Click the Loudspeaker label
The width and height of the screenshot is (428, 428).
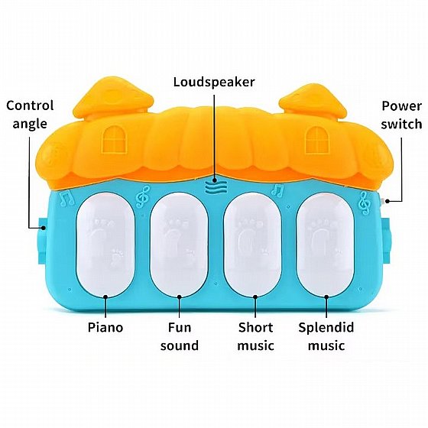point(214,82)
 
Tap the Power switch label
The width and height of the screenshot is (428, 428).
point(401,115)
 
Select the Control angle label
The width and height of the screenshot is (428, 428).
point(30,115)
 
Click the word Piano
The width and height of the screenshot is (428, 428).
point(105,327)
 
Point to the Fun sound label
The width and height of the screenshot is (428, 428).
point(180,336)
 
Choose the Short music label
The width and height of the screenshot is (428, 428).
point(255,336)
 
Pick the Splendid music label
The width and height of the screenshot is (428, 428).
point(326,336)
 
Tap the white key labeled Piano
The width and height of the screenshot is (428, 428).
point(105,245)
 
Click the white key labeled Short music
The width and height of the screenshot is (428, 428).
point(252,245)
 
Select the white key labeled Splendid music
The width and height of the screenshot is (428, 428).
point(326,245)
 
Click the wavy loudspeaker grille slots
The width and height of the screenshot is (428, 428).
point(216,188)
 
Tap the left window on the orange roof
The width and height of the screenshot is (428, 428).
point(115,139)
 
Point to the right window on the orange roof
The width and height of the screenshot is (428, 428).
point(317,139)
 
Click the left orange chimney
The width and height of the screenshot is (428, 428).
point(114,99)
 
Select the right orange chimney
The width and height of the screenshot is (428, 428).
point(313,102)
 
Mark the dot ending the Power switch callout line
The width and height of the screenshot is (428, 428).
point(387,201)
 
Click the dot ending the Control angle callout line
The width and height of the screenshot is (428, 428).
point(44,228)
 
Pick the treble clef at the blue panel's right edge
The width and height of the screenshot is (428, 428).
point(365,203)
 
